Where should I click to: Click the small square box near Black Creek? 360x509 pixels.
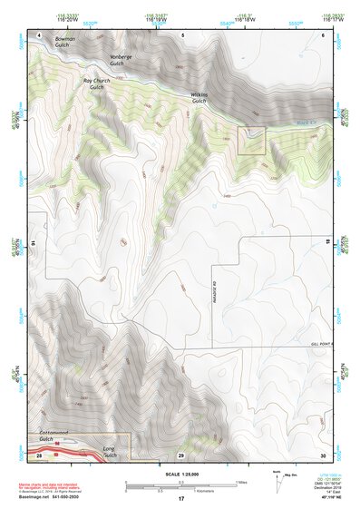[251, 141]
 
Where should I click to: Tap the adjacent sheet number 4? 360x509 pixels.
[40, 34]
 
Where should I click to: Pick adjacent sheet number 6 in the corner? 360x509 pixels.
[323, 34]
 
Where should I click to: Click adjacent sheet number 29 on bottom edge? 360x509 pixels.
[181, 454]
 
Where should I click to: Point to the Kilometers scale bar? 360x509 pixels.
[180, 489]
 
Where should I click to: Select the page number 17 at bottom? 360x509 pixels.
[181, 500]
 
